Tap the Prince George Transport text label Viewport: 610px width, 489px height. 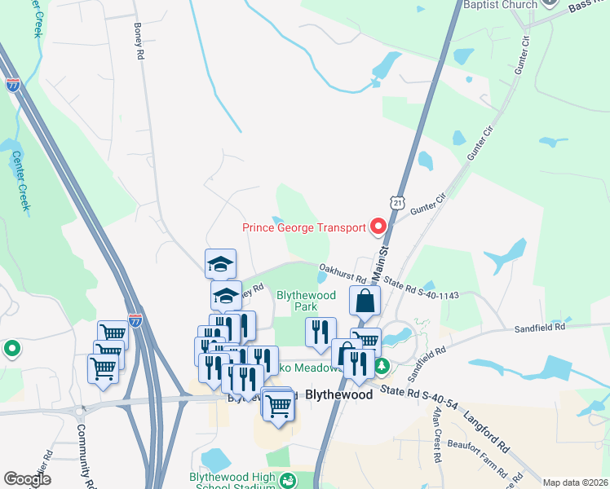pyautogui.click(x=304, y=227)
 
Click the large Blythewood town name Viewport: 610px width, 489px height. pyautogui.click(x=338, y=394)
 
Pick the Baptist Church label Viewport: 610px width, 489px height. pyautogui.click(x=501, y=5)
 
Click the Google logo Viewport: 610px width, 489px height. pyautogui.click(x=27, y=479)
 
